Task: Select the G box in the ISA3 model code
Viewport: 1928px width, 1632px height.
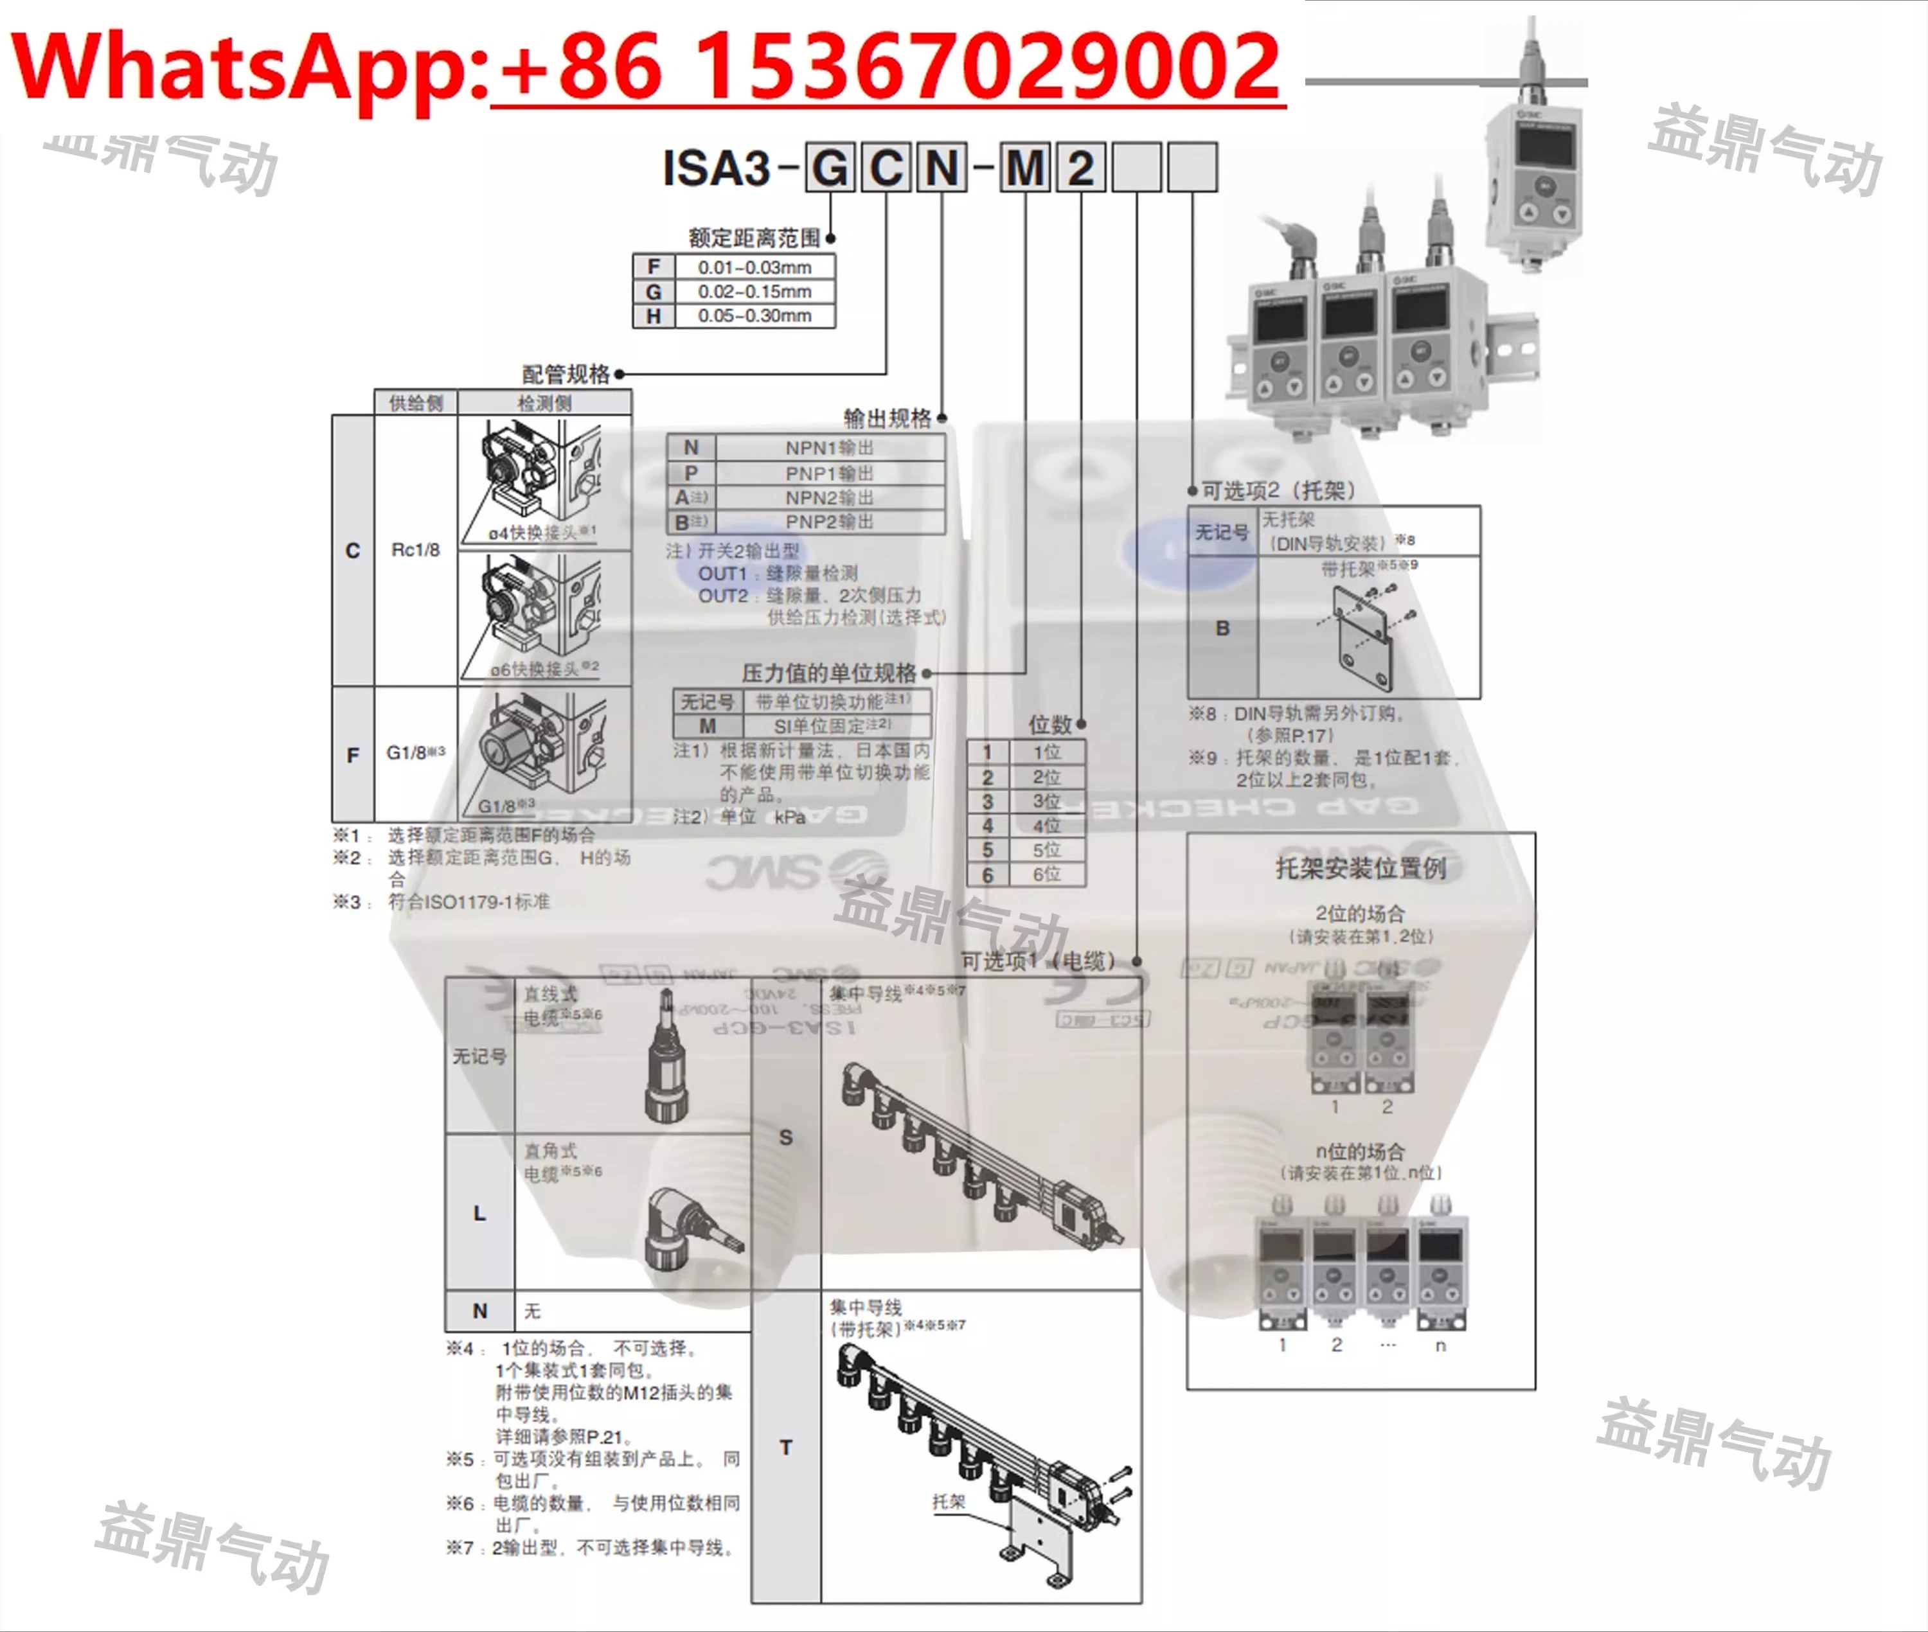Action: (829, 168)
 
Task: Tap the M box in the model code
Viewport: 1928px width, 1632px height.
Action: (1025, 168)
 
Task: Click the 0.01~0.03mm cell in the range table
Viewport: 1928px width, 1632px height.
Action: (754, 267)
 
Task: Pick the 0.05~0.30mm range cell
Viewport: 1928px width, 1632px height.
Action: (754, 315)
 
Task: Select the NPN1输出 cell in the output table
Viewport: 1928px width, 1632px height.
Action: (829, 448)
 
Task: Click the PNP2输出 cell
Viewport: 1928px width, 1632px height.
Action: (829, 522)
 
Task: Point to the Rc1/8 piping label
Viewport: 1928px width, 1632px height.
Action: (415, 549)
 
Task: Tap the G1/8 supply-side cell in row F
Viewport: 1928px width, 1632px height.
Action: (415, 752)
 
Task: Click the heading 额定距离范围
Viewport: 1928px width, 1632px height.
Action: (754, 238)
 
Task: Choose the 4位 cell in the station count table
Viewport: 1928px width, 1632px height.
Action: (1046, 825)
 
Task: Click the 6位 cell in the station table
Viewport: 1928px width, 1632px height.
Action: (1046, 874)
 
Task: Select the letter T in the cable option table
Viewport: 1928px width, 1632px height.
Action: (785, 1447)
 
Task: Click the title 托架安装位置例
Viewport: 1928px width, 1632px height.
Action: (1360, 868)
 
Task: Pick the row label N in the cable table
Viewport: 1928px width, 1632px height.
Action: (479, 1311)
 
